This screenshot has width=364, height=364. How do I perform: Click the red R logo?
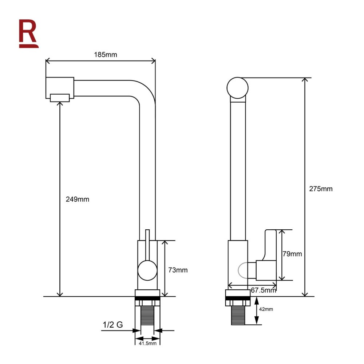pyautogui.click(x=28, y=33)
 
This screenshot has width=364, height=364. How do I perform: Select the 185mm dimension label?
pyautogui.click(x=106, y=55)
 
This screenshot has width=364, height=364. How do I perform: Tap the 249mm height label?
pyautogui.click(x=77, y=199)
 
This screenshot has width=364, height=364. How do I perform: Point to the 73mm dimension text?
pyautogui.click(x=178, y=270)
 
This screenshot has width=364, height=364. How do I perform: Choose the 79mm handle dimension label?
pyautogui.click(x=292, y=254)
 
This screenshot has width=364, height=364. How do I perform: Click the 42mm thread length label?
pyautogui.click(x=266, y=309)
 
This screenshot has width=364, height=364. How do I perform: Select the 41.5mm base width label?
pyautogui.click(x=147, y=343)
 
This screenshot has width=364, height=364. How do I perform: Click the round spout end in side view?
pyautogui.click(x=237, y=88)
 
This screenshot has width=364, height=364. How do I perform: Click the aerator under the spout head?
pyautogui.click(x=60, y=98)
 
